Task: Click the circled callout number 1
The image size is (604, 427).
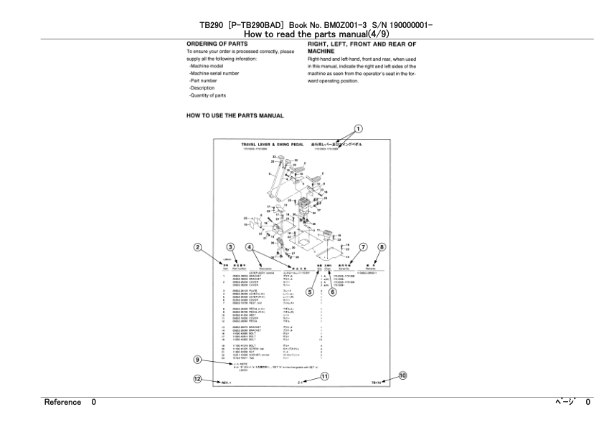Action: (x=359, y=128)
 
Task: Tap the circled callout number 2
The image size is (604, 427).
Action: (x=197, y=247)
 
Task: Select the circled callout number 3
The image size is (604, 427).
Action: (x=230, y=247)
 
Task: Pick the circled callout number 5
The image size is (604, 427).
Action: (x=310, y=292)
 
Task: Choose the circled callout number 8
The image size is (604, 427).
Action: (x=382, y=247)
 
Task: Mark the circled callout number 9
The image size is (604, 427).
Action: (x=197, y=360)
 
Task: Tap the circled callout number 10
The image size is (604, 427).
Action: (x=402, y=375)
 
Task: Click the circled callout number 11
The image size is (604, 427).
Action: (x=324, y=376)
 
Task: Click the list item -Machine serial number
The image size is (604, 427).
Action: (x=214, y=73)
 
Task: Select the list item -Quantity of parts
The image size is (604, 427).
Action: (x=207, y=95)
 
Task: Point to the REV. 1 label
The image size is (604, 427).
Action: (x=226, y=383)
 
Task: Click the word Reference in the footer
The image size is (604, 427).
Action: (x=62, y=402)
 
